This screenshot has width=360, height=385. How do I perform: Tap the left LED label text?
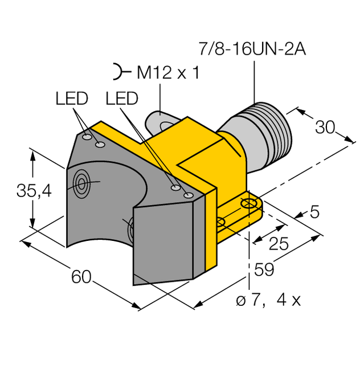[72, 99]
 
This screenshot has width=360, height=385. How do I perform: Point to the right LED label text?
[122, 99]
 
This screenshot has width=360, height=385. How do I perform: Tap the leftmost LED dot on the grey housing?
[87, 137]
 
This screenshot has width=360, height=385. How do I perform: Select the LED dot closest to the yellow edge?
[189, 195]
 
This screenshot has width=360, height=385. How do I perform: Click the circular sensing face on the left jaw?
[81, 183]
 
